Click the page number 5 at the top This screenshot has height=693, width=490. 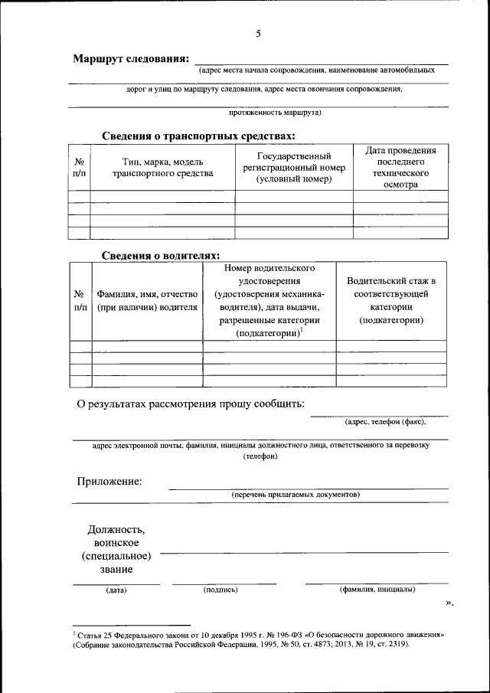258,34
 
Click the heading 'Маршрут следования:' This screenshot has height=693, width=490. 130,59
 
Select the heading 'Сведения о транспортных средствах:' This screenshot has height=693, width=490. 198,136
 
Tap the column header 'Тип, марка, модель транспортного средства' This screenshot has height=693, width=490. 162,168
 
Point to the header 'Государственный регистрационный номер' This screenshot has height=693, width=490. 293,168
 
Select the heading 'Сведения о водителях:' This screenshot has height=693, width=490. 161,256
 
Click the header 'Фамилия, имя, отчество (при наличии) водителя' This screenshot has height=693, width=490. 147,300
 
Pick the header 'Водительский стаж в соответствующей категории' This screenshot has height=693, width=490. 391,300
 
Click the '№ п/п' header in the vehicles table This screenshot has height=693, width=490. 79,168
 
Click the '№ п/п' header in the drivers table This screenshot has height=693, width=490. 80,300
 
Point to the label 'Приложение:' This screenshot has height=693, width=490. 109,481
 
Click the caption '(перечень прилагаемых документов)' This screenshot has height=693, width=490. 296,495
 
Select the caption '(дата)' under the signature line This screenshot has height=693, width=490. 116,590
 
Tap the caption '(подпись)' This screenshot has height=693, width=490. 220,590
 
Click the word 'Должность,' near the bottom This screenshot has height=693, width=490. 116,529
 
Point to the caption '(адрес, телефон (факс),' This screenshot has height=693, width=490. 385,420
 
